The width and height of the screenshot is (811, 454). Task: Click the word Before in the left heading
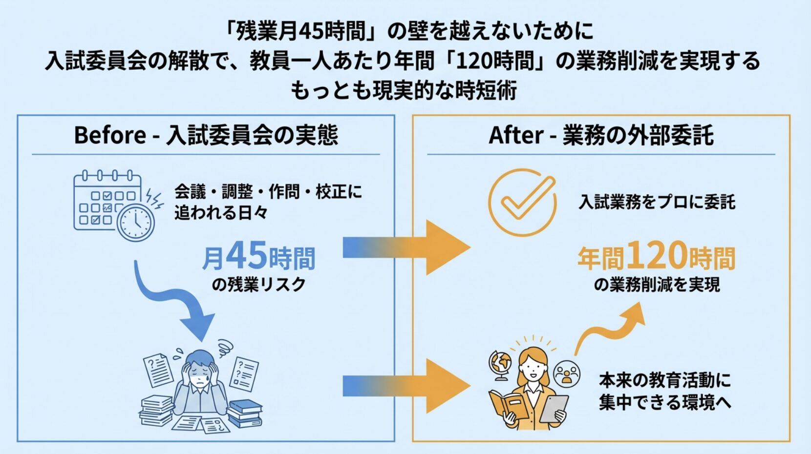point(110,135)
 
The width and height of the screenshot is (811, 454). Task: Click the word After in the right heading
point(516,135)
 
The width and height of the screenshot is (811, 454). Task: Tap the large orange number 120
point(657,255)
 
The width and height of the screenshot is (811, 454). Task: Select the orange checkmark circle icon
point(522,202)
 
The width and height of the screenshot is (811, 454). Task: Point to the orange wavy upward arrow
point(611,327)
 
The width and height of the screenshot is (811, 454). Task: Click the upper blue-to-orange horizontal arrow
point(405,247)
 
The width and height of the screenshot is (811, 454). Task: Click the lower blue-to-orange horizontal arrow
point(405,386)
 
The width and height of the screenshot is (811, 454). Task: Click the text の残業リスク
point(258,284)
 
